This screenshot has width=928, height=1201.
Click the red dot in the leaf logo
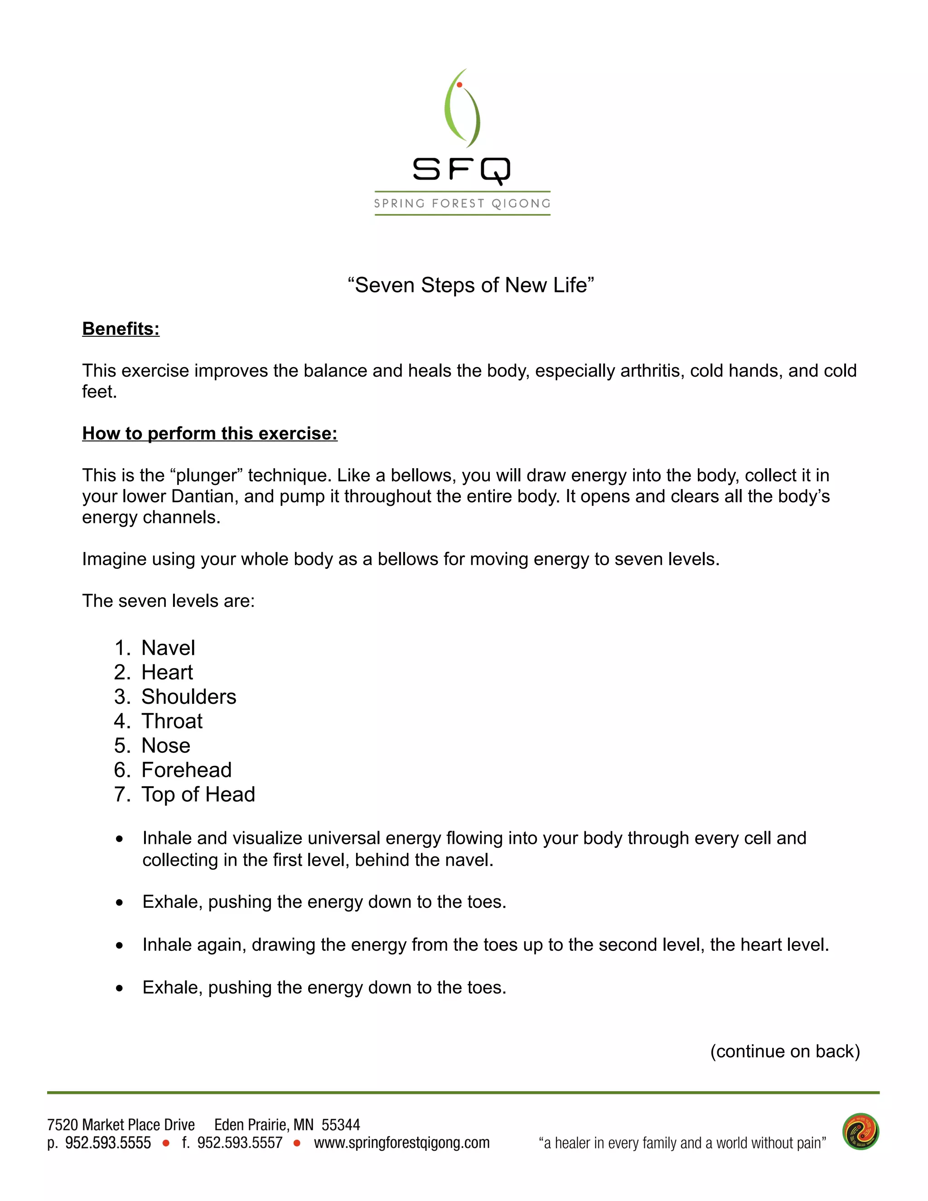(x=459, y=85)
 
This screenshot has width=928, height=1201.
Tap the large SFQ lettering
(x=462, y=169)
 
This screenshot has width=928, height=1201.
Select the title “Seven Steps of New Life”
(x=471, y=286)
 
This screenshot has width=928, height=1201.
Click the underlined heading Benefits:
(x=121, y=329)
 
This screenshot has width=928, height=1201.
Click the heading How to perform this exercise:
(x=209, y=434)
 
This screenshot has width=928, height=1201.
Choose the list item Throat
(x=172, y=722)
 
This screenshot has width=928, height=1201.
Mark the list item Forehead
(x=186, y=770)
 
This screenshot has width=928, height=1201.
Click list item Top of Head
(x=198, y=794)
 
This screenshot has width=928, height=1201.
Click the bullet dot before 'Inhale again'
(x=119, y=946)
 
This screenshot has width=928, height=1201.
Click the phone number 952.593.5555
(x=108, y=1143)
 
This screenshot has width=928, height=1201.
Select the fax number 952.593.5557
(x=240, y=1143)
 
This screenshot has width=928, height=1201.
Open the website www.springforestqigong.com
(x=401, y=1143)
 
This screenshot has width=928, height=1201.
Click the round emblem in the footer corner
(x=860, y=1132)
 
